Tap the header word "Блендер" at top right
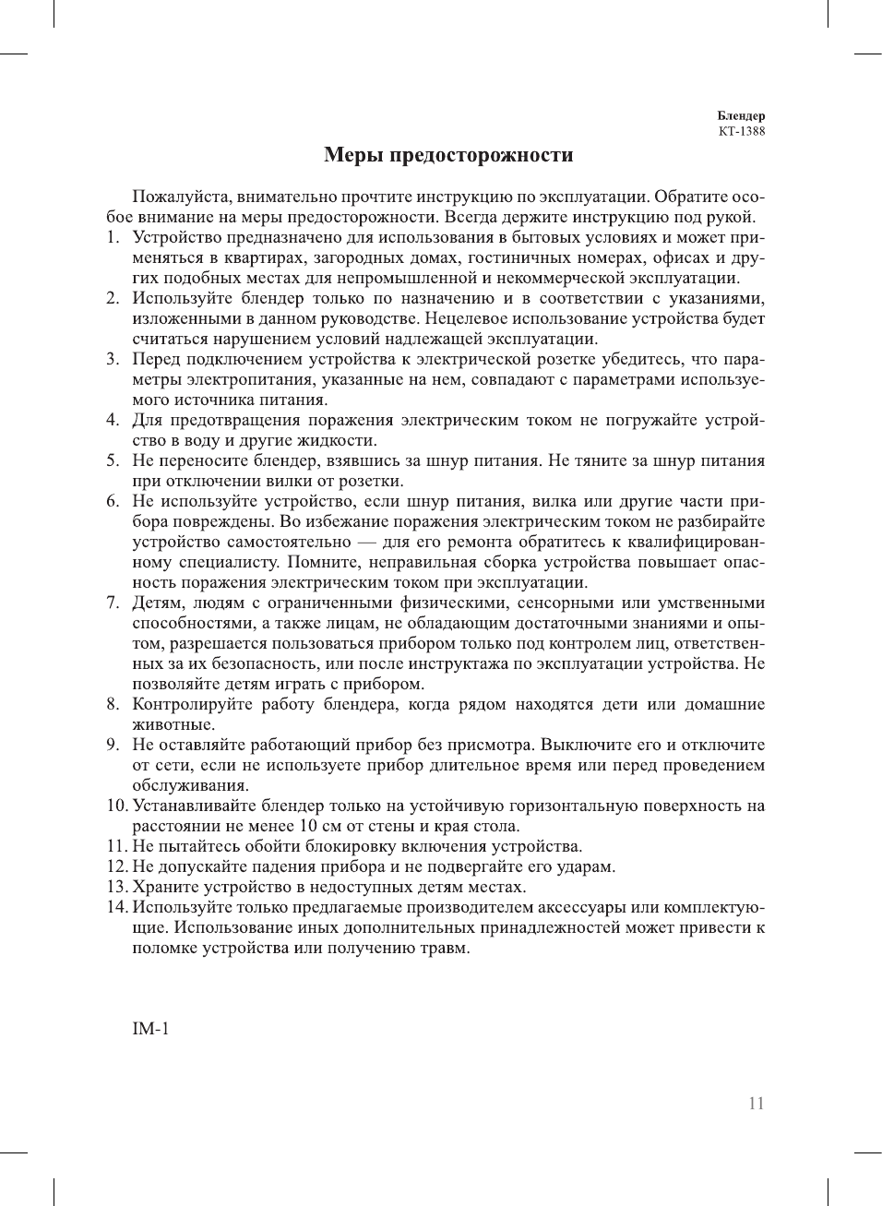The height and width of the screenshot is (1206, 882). click(x=741, y=115)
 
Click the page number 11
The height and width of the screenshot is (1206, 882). click(x=756, y=1104)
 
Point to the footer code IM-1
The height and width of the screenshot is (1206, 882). click(x=150, y=1029)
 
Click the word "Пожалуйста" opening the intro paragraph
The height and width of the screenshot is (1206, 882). click(x=182, y=197)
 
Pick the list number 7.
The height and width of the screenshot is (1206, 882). click(x=112, y=603)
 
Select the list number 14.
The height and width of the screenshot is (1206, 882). click(x=115, y=907)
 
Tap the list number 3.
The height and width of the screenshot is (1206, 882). click(x=112, y=359)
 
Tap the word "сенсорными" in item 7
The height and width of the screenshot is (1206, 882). click(x=565, y=603)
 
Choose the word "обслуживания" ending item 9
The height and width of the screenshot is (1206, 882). click(x=189, y=785)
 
